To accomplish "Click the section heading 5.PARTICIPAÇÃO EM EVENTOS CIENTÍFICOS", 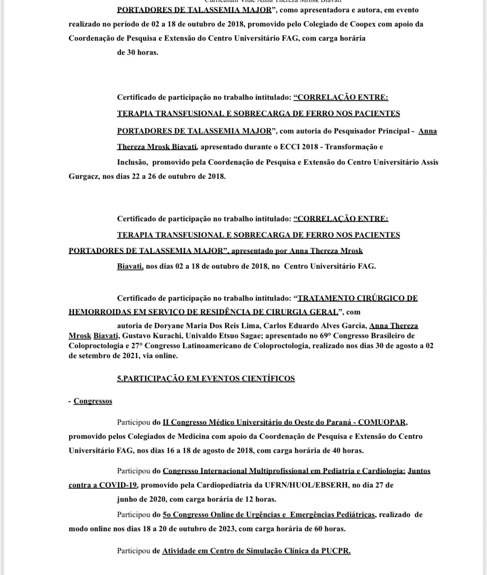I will pos(206,379).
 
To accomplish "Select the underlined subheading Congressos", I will pos(93,401).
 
